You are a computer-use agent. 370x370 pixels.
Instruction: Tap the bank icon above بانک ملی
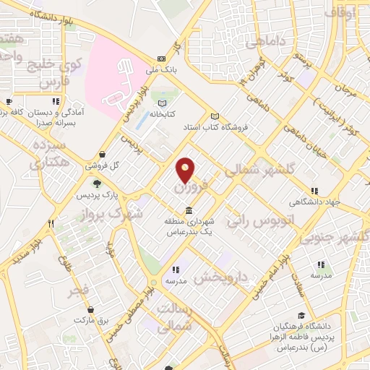point(160,59)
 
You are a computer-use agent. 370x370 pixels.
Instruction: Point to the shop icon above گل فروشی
point(104,154)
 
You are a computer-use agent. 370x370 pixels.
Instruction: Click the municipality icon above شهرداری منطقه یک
point(189,211)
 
